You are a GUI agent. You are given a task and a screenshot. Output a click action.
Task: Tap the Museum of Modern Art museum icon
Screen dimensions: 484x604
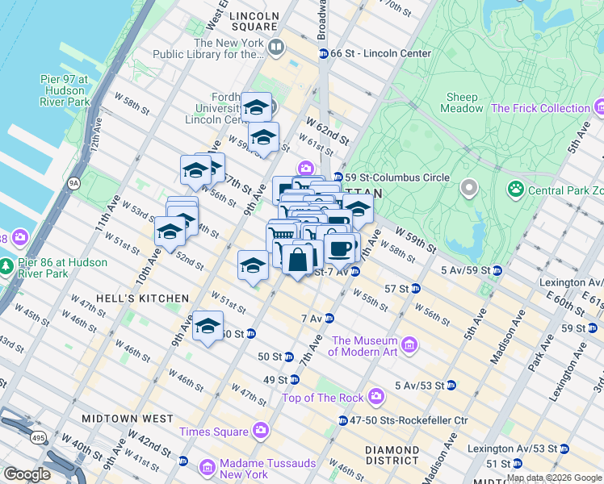(409, 345)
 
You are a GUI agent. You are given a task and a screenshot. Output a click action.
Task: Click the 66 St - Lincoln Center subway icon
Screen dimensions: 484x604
(323, 53)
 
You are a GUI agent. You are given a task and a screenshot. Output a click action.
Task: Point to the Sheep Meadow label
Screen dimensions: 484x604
(463, 102)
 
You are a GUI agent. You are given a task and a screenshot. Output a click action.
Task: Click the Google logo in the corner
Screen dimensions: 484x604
(27, 474)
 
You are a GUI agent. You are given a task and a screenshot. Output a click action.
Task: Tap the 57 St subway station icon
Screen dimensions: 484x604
(415, 288)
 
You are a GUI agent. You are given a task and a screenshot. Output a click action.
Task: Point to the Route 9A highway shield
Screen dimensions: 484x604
(74, 183)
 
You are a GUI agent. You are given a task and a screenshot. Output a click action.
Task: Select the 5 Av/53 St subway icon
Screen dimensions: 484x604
(451, 385)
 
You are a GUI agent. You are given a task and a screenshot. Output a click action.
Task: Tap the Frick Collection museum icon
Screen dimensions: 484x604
(599, 107)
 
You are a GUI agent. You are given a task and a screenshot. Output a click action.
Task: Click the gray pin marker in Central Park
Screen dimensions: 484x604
(469, 190)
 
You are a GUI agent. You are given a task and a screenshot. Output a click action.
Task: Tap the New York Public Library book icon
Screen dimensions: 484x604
(276, 48)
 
